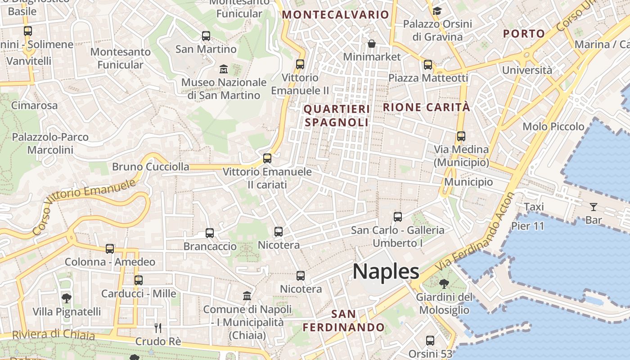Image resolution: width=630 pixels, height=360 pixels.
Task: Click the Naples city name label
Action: coord(386,272)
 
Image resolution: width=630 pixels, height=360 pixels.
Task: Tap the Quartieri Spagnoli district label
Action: coord(337,116)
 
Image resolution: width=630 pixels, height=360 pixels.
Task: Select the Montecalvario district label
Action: coord(335,14)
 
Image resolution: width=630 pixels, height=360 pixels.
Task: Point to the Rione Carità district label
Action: coord(426,107)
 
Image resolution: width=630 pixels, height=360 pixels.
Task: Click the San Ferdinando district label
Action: coord(344,320)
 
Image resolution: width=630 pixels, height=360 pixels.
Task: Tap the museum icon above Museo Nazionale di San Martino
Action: coord(223,69)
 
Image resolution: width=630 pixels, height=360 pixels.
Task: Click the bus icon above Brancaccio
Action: coord(210,233)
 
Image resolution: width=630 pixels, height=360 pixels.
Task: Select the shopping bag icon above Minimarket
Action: coord(372,43)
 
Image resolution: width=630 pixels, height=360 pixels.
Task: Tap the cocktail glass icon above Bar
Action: coord(594,207)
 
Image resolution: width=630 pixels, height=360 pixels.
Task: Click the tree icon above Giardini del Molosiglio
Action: coord(444,284)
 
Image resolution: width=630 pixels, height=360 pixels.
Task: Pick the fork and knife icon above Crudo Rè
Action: coord(158,328)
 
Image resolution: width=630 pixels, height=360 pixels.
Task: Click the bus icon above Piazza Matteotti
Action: coord(428,65)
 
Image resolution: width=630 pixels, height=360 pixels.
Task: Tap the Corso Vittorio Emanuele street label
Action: coord(84,207)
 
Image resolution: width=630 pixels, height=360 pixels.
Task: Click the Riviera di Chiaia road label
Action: coord(54,335)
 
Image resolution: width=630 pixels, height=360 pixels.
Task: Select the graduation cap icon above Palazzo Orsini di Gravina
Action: coord(437,11)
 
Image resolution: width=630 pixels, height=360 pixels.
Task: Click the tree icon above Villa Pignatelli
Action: coord(67,298)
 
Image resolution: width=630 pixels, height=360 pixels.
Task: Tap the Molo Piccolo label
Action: coord(553,126)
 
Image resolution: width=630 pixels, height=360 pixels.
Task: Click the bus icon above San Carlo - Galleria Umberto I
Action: coord(398,217)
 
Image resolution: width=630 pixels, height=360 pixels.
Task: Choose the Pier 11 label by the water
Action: coord(528,225)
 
